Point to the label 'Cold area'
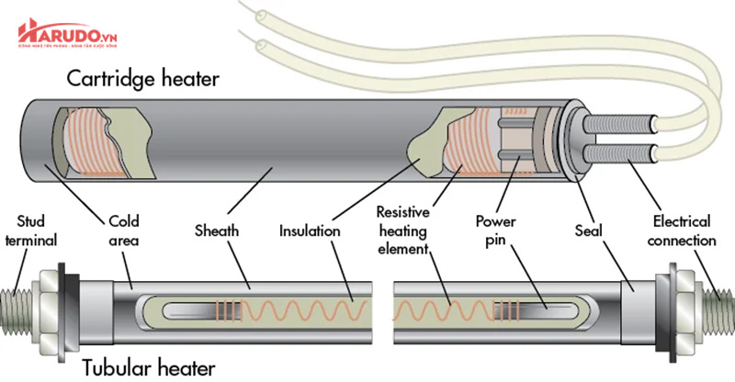tap(124, 231)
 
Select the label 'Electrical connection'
tap(681, 231)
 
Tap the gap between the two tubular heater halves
tap(384, 303)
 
